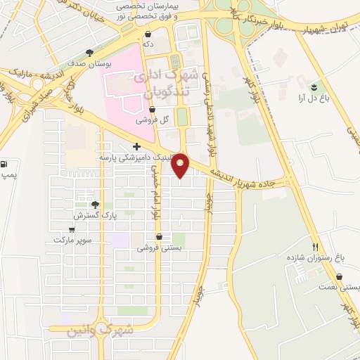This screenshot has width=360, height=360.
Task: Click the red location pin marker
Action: click(x=181, y=164)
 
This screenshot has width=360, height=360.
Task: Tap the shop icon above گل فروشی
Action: click(x=152, y=109)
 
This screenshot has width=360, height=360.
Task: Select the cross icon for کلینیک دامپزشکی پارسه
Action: click(x=136, y=147)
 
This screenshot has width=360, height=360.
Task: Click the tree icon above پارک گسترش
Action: click(x=96, y=205)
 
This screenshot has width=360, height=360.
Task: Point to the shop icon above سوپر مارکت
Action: click(x=71, y=230)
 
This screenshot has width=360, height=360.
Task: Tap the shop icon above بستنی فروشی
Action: click(x=158, y=237)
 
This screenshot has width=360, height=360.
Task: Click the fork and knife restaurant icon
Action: click(x=316, y=247)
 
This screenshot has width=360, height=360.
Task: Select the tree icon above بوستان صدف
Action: click(x=89, y=53)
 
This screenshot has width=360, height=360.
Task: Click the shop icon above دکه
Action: click(x=148, y=34)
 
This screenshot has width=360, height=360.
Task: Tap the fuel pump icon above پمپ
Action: click(x=6, y=162)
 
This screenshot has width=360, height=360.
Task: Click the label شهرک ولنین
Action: click(x=91, y=330)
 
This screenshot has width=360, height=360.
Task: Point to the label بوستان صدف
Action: click(x=89, y=63)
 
